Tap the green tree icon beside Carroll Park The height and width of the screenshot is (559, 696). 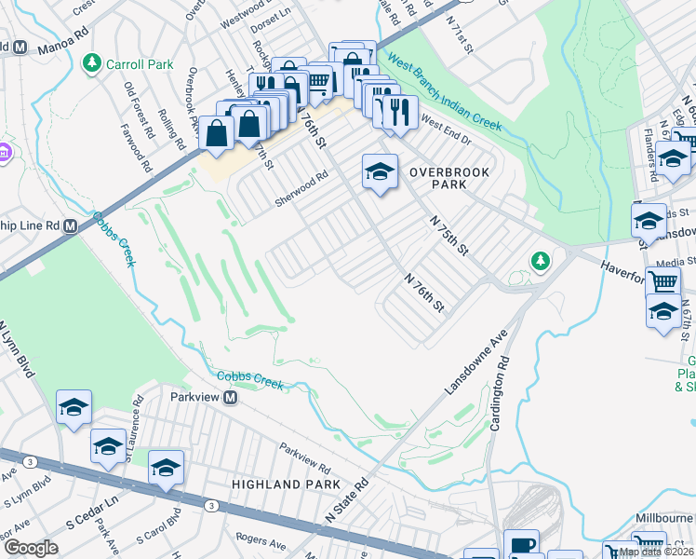click(x=91, y=63)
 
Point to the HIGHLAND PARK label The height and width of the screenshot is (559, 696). click(x=278, y=484)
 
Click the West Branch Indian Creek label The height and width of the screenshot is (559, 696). click(x=445, y=93)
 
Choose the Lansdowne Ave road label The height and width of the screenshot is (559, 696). click(x=465, y=361)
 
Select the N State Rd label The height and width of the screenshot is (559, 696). click(x=347, y=500)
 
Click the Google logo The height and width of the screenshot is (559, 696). click(x=30, y=548)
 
